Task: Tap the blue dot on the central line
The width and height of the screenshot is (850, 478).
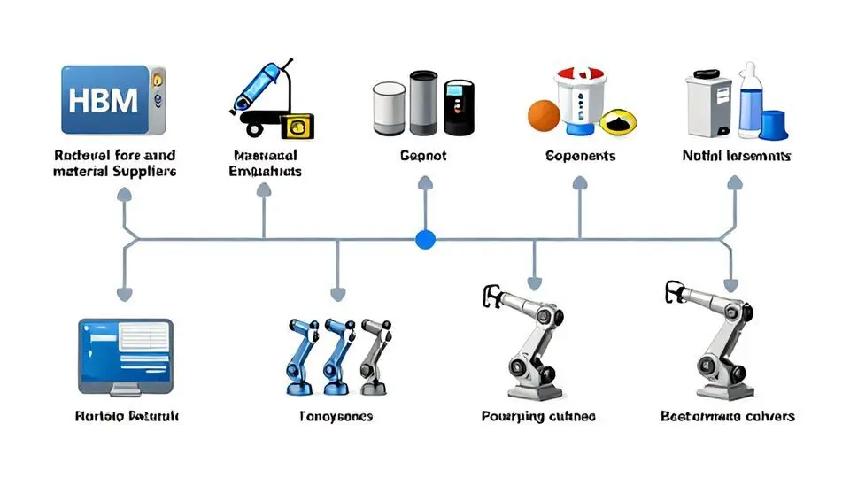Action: (426, 238)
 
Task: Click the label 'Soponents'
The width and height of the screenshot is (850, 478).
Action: (581, 157)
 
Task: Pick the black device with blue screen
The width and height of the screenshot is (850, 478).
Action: (459, 108)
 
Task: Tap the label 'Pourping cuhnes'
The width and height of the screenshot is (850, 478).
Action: (538, 416)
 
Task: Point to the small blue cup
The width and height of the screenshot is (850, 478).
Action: (774, 125)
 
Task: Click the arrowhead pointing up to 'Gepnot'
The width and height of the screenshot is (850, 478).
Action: (425, 184)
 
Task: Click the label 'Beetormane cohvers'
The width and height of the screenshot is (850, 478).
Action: (728, 416)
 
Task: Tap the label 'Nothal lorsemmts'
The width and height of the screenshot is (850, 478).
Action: (737, 157)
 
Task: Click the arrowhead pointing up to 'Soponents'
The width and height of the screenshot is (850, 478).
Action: (579, 184)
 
